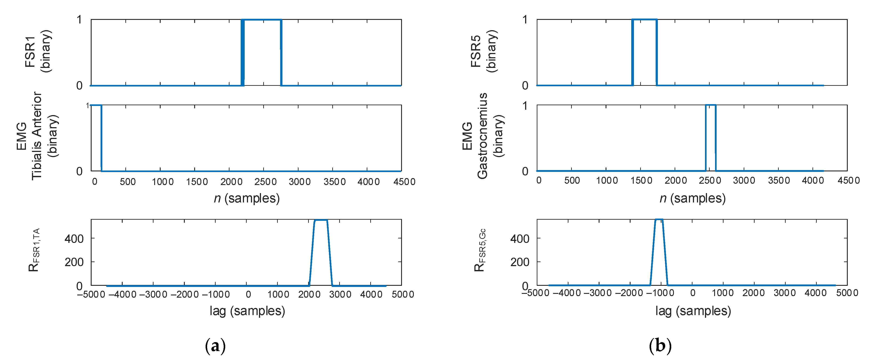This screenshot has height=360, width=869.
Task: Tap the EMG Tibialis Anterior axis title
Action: pyautogui.click(x=37, y=136)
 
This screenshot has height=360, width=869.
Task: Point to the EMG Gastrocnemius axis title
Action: pyautogui.click(x=482, y=136)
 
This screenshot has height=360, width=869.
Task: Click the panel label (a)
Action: pyautogui.click(x=215, y=346)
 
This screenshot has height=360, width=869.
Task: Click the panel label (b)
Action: pyautogui.click(x=660, y=346)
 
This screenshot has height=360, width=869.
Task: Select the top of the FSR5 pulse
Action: pyautogui.click(x=644, y=20)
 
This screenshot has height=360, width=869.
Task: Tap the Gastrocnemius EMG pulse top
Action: pyautogui.click(x=710, y=105)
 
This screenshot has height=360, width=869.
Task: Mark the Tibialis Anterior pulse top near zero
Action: pyautogui.click(x=96, y=105)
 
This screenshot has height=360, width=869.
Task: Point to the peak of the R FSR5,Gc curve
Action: pyautogui.click(x=659, y=220)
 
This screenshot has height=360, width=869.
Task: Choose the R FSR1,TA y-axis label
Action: pyautogui.click(x=34, y=250)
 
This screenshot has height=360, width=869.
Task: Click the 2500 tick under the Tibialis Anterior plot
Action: pyautogui.click(x=265, y=182)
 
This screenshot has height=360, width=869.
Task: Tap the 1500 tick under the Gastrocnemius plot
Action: pyautogui.click(x=641, y=181)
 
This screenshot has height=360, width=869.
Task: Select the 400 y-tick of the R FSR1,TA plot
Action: pyautogui.click(x=74, y=239)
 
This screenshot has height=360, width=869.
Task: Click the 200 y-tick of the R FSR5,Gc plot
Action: pyautogui.click(x=520, y=262)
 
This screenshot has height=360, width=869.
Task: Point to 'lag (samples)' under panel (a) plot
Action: pyautogui.click(x=247, y=311)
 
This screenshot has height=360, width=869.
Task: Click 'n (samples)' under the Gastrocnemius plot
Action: pyautogui.click(x=692, y=198)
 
